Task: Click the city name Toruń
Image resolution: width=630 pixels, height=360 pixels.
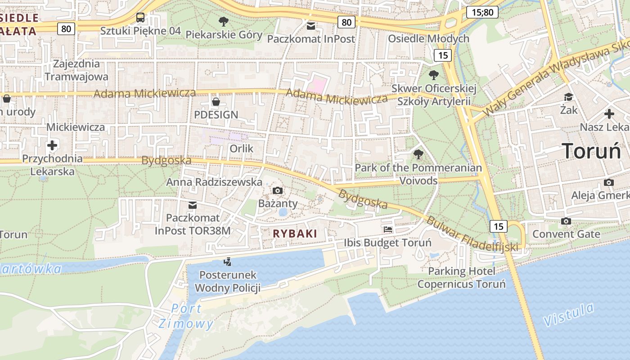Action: point(591,151)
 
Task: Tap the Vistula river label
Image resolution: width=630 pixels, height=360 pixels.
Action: point(569,315)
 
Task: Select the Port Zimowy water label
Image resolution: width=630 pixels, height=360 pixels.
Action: point(186,316)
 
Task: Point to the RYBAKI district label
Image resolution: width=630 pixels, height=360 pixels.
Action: point(295,234)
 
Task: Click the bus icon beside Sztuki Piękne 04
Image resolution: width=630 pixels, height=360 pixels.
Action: point(140,18)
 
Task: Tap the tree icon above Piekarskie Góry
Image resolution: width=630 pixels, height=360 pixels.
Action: point(223,21)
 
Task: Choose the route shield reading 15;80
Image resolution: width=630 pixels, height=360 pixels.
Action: point(482,12)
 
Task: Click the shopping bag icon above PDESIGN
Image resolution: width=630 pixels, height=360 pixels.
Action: point(216,102)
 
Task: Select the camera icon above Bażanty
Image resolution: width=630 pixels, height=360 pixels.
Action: point(278,190)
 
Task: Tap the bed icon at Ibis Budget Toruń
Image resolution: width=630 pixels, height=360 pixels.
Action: point(388,229)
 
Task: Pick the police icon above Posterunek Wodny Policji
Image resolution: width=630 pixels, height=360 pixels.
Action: point(228,261)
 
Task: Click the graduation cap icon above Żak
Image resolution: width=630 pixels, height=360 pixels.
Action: point(568,97)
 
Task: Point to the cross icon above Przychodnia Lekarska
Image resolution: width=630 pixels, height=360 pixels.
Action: point(52,145)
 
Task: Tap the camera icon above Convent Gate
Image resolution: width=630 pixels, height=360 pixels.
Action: point(566,221)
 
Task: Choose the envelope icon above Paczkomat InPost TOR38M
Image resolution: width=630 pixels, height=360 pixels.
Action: point(193,205)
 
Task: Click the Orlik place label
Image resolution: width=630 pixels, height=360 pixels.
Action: point(242,148)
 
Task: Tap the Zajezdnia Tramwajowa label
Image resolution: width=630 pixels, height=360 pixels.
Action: point(76,70)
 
